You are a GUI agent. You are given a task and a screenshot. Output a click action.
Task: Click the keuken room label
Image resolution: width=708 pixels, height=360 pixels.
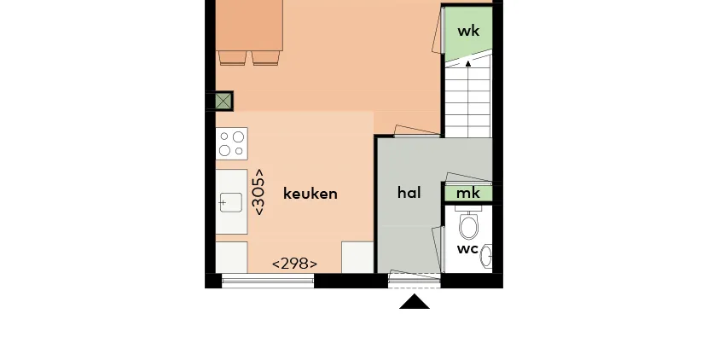tap(310, 194)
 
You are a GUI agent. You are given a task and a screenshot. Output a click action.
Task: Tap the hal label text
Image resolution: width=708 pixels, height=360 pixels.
tap(409, 193)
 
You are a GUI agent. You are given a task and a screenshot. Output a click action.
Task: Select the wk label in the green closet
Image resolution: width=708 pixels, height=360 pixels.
tap(468, 32)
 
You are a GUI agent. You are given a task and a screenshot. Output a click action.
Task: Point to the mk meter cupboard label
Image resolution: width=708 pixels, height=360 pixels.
tap(467, 194)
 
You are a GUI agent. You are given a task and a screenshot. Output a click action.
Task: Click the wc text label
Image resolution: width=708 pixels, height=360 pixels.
tap(467, 249)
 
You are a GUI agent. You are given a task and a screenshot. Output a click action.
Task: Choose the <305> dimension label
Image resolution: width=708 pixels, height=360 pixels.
tap(259, 192)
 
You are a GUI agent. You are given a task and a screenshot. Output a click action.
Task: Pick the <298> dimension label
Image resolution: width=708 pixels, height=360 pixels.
tap(294, 264)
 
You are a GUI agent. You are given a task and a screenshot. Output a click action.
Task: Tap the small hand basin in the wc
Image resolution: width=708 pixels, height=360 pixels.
tap(486, 257)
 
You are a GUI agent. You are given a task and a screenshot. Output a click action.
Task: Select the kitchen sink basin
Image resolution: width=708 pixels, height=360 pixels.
tap(231, 202)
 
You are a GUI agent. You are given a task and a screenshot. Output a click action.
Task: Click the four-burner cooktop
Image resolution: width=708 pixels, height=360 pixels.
tap(232, 143)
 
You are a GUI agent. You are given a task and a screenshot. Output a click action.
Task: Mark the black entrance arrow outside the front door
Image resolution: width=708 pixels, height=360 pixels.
tap(415, 302)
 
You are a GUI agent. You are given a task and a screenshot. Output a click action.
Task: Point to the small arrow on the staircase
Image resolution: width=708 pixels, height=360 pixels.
tap(468, 64)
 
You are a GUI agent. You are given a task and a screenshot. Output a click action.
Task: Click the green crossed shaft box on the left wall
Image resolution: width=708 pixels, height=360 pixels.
tap(223, 102)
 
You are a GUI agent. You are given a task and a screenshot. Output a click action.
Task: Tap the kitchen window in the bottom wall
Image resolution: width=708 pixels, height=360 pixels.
tap(268, 281)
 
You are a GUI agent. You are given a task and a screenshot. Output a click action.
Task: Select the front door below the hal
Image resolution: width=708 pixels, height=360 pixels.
tap(415, 280)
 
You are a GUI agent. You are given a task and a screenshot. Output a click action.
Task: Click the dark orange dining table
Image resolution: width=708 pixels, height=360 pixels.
tap(249, 26)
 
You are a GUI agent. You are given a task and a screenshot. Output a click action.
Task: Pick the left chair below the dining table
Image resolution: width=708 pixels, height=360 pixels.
tap(233, 58)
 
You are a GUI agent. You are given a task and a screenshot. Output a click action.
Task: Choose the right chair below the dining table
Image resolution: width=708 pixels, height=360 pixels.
tap(265, 58)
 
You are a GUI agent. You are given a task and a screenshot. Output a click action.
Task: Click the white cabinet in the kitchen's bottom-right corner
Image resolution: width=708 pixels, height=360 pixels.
tap(357, 258)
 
